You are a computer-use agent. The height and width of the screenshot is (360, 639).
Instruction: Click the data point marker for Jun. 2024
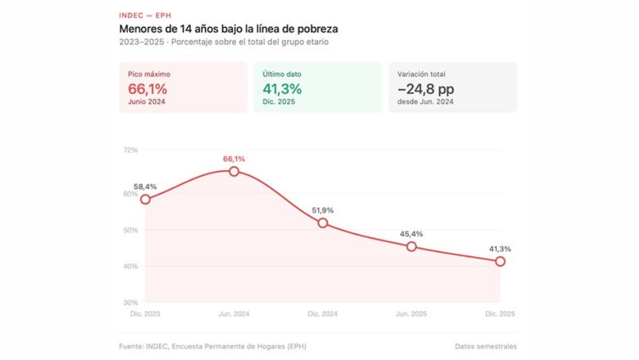tap(234, 172)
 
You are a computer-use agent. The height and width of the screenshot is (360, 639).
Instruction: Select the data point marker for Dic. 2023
tap(145, 199)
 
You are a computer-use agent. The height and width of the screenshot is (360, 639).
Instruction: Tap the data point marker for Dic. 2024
tap(323, 223)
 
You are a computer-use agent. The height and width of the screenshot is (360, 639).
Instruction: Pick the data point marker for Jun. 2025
tap(412, 246)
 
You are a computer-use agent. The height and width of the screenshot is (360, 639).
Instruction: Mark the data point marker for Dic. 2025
tap(500, 261)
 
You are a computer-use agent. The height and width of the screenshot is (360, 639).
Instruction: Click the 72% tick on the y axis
tap(130, 149)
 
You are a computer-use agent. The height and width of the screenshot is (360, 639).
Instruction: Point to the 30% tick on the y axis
tap(130, 303)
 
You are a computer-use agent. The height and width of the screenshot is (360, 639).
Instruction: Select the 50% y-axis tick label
tap(130, 230)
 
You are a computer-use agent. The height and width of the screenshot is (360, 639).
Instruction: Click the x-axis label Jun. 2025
tap(412, 314)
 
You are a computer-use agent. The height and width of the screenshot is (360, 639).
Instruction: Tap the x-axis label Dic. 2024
tap(323, 314)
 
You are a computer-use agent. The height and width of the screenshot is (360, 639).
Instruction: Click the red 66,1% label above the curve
tap(234, 159)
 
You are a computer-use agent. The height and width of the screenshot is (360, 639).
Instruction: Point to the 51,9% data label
tap(323, 211)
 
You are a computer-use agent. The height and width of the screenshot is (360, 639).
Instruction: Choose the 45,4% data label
tap(412, 234)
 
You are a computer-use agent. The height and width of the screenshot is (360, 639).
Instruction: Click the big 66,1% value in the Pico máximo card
tap(147, 89)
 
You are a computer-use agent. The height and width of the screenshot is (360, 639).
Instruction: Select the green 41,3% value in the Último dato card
tap(282, 89)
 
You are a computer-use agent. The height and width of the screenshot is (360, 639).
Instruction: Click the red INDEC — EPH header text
tap(144, 15)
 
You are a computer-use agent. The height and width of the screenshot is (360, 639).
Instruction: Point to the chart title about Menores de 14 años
tap(228, 29)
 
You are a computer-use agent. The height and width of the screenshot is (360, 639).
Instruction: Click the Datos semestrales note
tap(486, 347)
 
